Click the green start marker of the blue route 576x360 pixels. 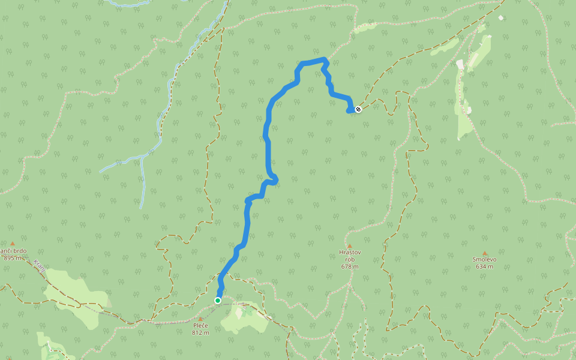click(x=218, y=300)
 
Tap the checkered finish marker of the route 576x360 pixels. click(x=358, y=109)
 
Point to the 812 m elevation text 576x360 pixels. click(x=200, y=332)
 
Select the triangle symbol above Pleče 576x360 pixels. click(x=200, y=319)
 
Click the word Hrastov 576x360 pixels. click(x=349, y=253)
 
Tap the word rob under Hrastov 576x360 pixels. click(x=350, y=260)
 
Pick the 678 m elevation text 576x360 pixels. click(x=350, y=266)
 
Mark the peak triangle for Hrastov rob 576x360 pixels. click(x=349, y=246)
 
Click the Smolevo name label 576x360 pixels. click(x=484, y=260)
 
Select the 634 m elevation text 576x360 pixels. click(x=484, y=266)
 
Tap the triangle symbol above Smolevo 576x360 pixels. click(x=484, y=253)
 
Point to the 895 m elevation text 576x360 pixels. click(x=12, y=258)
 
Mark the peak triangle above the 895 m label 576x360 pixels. click(x=12, y=244)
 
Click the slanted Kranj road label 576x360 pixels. click(x=40, y=266)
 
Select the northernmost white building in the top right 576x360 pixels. click(x=501, y=17)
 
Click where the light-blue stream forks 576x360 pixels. click(x=142, y=158)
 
